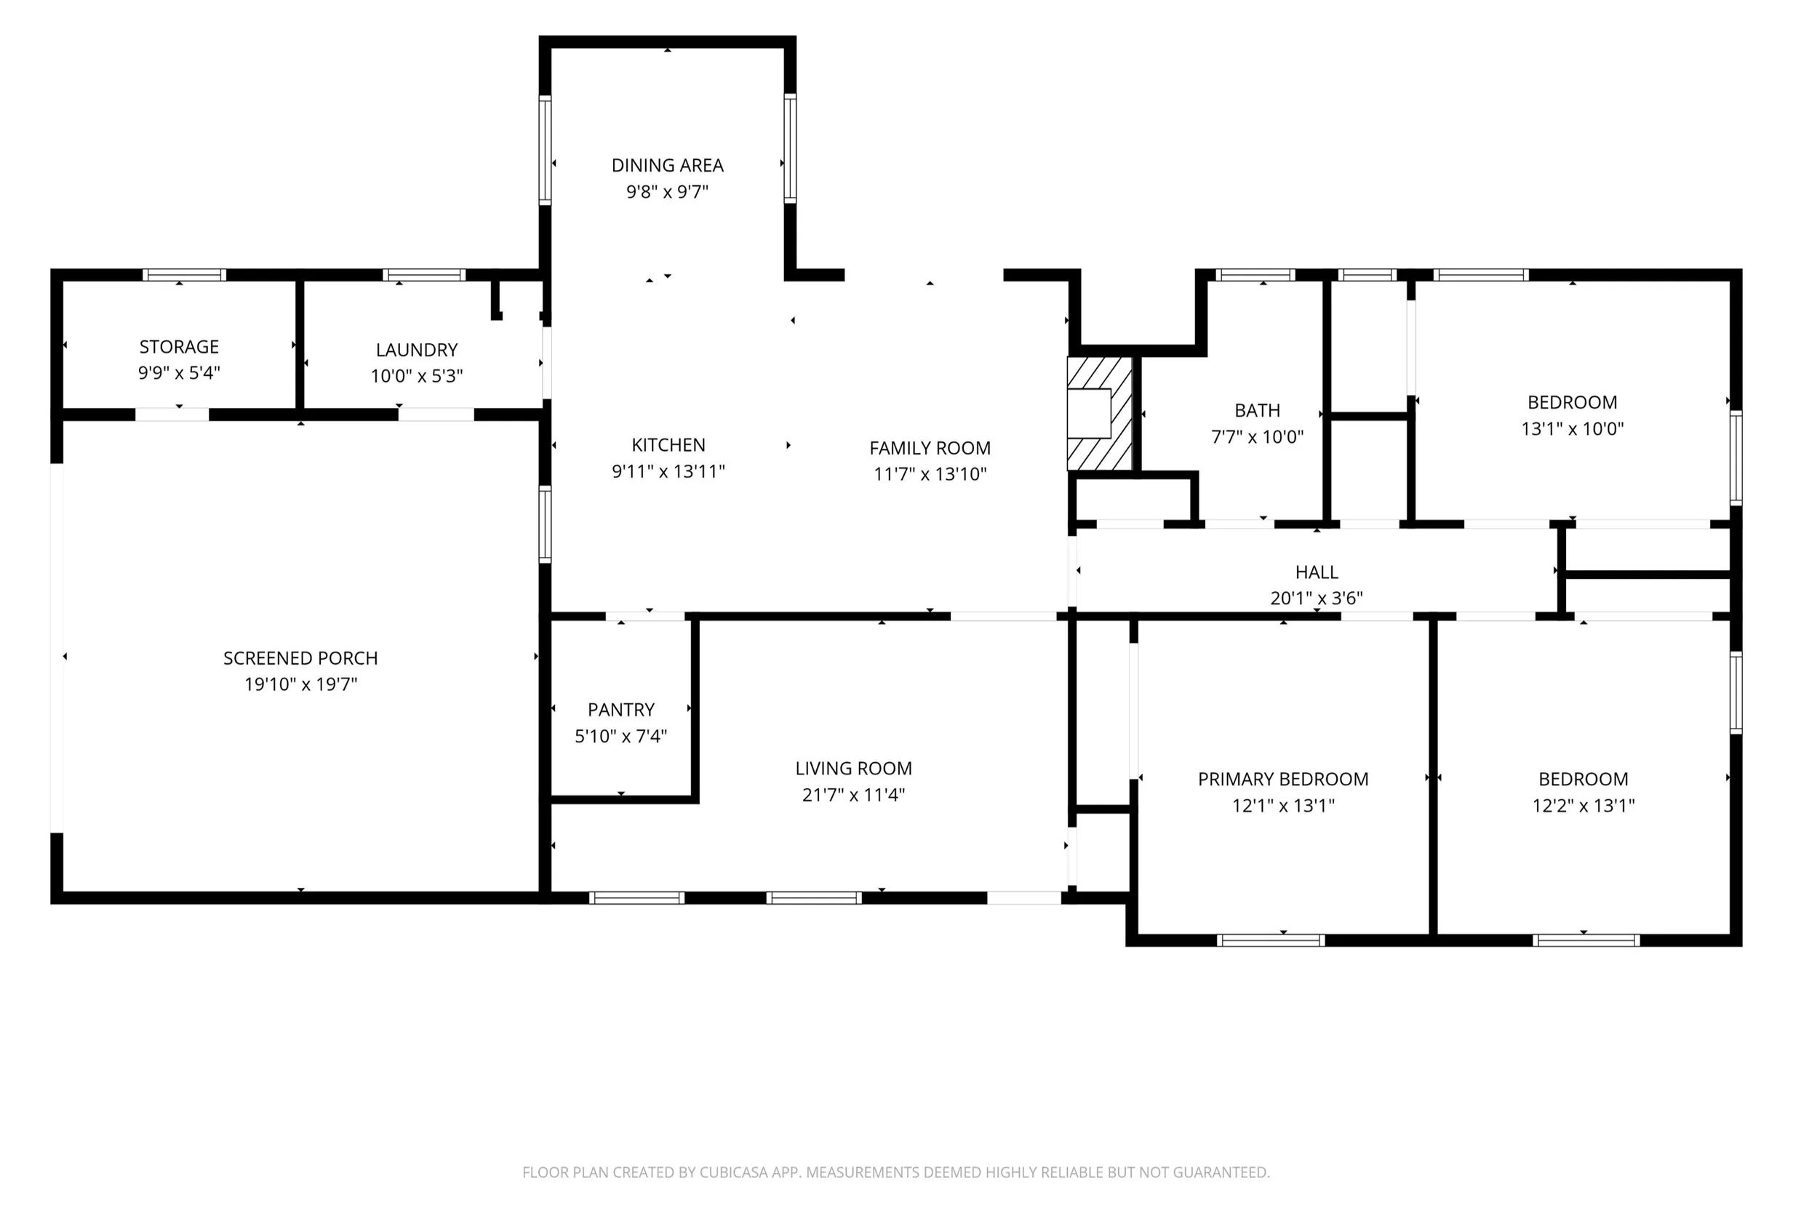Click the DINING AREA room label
click(667, 165)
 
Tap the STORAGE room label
click(179, 346)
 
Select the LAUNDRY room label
click(417, 350)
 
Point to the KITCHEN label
click(668, 444)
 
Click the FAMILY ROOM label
click(930, 447)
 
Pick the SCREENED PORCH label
click(300, 658)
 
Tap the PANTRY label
click(621, 709)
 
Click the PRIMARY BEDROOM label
click(1283, 778)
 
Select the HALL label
click(1317, 572)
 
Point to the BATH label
click(1257, 409)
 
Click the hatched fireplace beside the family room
click(1099, 414)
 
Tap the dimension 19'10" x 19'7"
click(300, 684)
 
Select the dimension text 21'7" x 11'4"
click(853, 794)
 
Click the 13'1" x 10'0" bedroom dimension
click(1573, 428)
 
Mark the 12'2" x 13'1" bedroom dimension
click(1583, 804)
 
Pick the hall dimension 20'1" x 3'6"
click(1317, 598)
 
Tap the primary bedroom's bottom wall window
click(1271, 939)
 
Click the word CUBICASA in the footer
click(733, 1172)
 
